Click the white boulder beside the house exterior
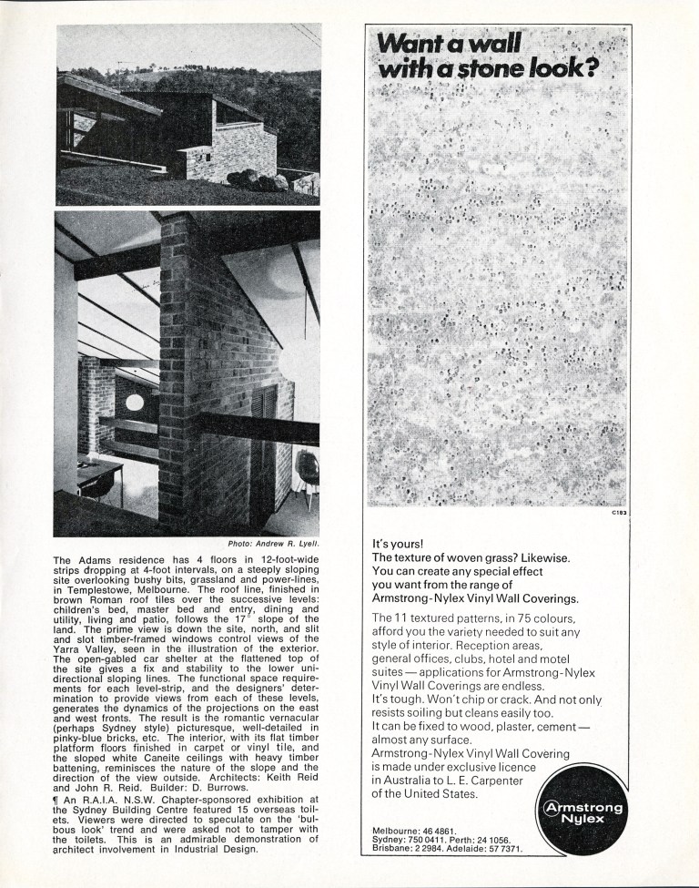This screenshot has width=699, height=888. click(306, 177)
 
